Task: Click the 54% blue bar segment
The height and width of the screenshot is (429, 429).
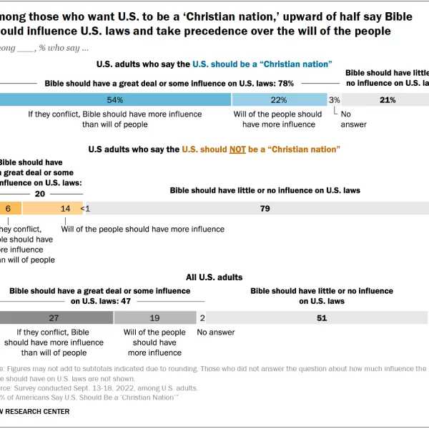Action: pyautogui.click(x=114, y=100)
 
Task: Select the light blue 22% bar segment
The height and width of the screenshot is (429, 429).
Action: pyautogui.click(x=279, y=100)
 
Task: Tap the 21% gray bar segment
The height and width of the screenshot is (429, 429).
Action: pyautogui.click(x=388, y=100)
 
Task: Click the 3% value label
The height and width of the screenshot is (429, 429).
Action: pyautogui.click(x=335, y=100)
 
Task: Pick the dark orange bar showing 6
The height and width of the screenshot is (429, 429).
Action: pyautogui.click(x=9, y=209)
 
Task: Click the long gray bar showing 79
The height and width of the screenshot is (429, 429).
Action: pyautogui.click(x=265, y=209)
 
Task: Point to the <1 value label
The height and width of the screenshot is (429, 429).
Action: pyautogui.click(x=86, y=209)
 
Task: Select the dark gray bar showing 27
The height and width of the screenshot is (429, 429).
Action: pyautogui.click(x=54, y=318)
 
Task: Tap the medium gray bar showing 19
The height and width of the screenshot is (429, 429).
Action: pyautogui.click(x=154, y=318)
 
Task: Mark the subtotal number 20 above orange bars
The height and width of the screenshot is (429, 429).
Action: pyautogui.click(x=40, y=194)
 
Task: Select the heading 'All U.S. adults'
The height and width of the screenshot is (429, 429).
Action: pyautogui.click(x=214, y=277)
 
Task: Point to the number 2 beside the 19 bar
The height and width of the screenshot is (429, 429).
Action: pyautogui.click(x=202, y=318)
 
